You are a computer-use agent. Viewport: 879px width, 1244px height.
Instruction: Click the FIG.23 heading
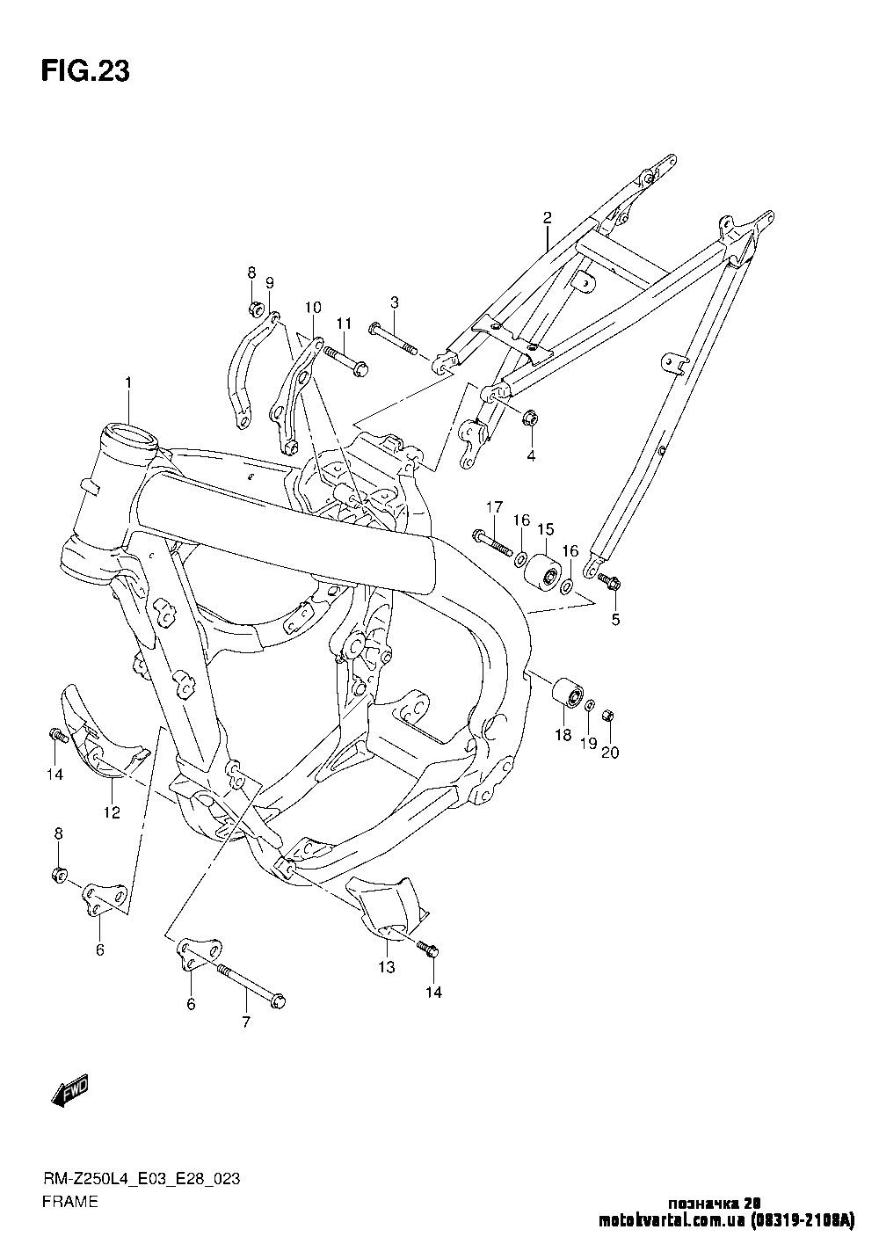(85, 72)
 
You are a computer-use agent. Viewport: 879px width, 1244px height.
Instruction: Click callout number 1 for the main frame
(128, 382)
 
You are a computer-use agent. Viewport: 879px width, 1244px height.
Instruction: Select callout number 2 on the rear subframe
(547, 216)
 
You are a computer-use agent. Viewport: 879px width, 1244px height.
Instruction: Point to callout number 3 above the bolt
(395, 302)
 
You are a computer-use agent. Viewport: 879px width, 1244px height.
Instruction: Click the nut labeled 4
(530, 419)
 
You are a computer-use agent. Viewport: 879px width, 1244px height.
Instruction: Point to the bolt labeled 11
(344, 359)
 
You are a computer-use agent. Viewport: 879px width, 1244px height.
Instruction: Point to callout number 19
(587, 743)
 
